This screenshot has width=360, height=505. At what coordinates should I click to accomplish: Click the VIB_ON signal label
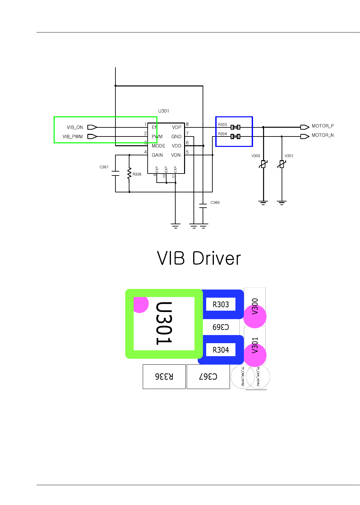click(x=75, y=127)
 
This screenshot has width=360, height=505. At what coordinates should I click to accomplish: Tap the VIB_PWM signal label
click(x=73, y=136)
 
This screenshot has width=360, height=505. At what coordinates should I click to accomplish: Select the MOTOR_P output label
click(x=323, y=126)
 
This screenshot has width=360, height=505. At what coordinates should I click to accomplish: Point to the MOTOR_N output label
click(x=323, y=135)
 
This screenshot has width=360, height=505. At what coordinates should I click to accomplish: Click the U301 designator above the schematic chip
click(x=164, y=111)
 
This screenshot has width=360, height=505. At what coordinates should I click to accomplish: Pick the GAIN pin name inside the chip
click(x=157, y=155)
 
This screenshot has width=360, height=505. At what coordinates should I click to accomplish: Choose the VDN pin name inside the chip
click(x=176, y=155)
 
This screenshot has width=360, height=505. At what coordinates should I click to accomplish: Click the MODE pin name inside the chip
click(x=158, y=146)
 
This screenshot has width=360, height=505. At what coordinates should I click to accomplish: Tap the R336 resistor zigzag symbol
click(x=129, y=174)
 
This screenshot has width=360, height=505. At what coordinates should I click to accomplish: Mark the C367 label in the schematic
click(x=104, y=167)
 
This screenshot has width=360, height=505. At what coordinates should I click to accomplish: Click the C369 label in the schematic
click(x=215, y=202)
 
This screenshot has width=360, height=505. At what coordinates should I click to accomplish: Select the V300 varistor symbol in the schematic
click(x=263, y=164)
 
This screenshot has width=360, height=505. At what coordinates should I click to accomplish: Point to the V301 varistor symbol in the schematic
click(x=282, y=164)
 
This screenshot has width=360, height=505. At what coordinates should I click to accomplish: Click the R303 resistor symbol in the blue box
click(x=235, y=127)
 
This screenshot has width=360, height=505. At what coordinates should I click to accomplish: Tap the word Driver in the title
click(x=216, y=259)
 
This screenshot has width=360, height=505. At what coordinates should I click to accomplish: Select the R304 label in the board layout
click(x=221, y=350)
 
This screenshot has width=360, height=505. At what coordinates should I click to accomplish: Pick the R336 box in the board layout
click(x=164, y=376)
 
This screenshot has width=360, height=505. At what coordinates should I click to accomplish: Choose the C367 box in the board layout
click(x=208, y=376)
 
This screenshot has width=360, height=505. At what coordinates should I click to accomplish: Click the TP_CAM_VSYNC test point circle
click(x=242, y=377)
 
